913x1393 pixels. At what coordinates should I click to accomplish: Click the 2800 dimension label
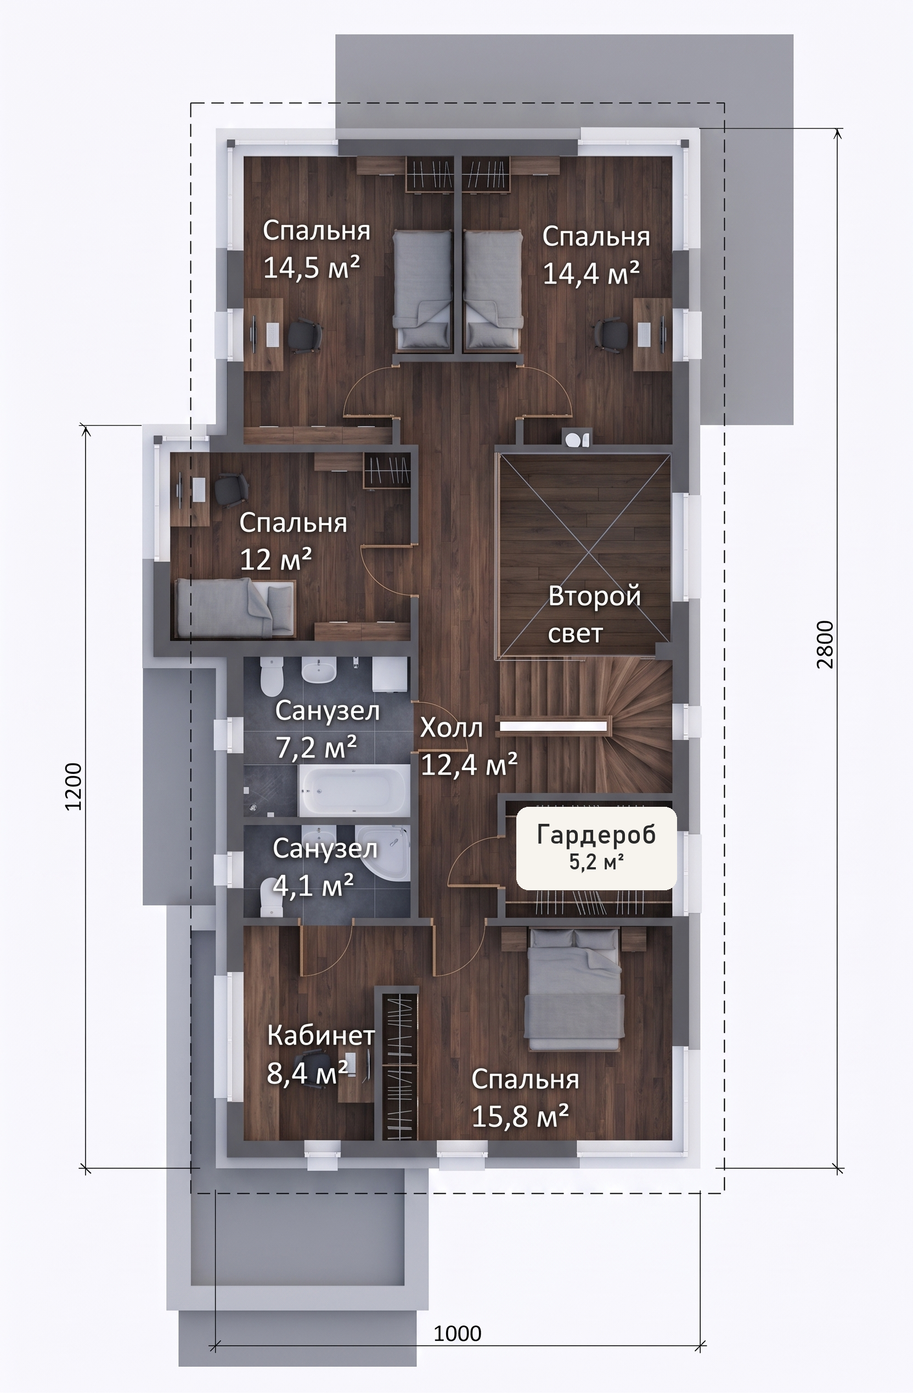tap(825, 645)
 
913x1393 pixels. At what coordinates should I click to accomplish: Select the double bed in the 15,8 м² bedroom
tap(573, 989)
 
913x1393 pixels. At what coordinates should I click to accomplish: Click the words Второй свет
tap(594, 615)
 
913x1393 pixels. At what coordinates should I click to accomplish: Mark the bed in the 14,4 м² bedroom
tap(493, 289)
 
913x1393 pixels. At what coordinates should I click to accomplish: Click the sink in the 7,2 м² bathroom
tap(318, 672)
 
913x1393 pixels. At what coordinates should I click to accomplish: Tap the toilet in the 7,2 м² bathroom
tap(272, 676)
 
